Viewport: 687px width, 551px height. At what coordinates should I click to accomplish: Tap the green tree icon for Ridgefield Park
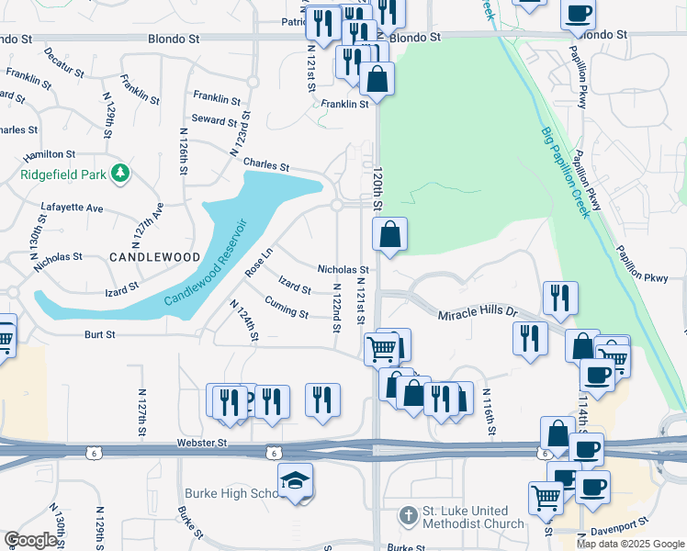pyautogui.click(x=118, y=173)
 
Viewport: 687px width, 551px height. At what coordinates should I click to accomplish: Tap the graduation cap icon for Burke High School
pyautogui.click(x=296, y=480)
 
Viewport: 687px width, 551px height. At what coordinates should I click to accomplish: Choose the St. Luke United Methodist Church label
pyautogui.click(x=472, y=518)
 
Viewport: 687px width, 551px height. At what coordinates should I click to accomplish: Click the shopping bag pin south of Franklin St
pyautogui.click(x=377, y=80)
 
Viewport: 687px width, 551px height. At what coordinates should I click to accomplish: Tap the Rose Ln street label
pyautogui.click(x=259, y=263)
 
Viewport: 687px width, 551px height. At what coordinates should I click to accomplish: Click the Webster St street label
pyautogui.click(x=201, y=444)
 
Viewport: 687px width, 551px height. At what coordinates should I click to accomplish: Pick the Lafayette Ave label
pyautogui.click(x=72, y=208)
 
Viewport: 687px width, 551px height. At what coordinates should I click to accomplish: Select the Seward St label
pyautogui.click(x=214, y=119)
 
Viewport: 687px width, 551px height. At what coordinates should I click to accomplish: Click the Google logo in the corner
pyautogui.click(x=31, y=540)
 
